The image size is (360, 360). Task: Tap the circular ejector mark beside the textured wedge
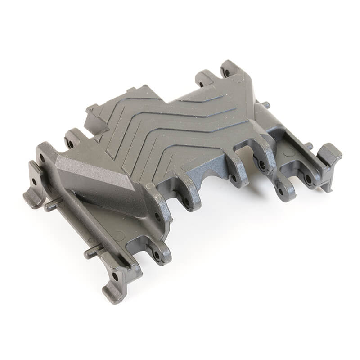(x=119, y=235)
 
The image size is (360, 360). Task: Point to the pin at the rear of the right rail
(x=266, y=105)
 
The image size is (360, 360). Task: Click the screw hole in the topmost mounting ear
(x=228, y=72)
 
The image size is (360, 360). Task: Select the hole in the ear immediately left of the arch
(x=186, y=201)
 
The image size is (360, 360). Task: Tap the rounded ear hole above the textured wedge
(x=70, y=144)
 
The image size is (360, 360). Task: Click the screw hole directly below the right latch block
(x=308, y=178)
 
